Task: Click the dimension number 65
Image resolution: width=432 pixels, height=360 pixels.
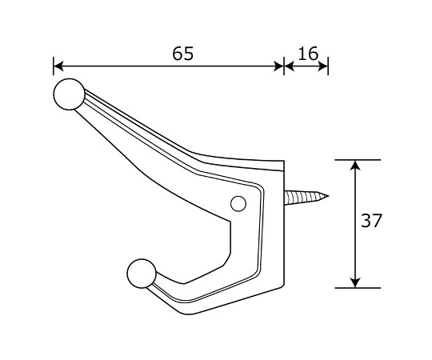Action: [183, 54]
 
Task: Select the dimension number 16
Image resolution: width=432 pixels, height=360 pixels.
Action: [308, 54]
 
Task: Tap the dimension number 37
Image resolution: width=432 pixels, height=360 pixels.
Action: [371, 220]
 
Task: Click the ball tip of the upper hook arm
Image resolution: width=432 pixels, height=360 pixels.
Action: [69, 94]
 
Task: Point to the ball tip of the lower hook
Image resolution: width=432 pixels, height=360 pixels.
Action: [142, 274]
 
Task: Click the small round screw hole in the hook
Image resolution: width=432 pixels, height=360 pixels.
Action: [238, 204]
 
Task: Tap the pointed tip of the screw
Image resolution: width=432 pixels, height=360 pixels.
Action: [328, 196]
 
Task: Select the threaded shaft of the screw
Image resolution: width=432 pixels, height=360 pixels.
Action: [305, 198]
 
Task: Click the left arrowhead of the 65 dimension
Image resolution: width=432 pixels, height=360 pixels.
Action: [58, 66]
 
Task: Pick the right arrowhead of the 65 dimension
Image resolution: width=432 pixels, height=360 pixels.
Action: [278, 66]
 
